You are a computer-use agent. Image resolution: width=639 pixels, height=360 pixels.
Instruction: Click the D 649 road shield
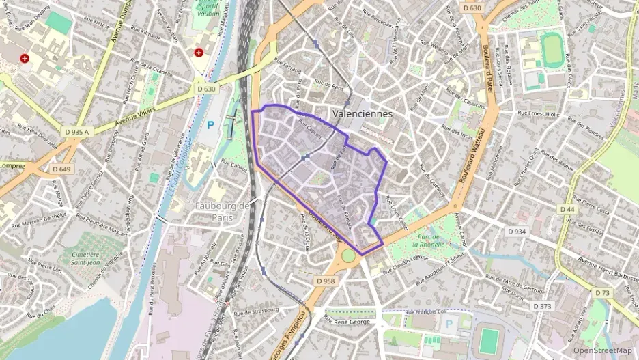coord(61,168)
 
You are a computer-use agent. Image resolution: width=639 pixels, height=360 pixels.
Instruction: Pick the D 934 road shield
coord(517,232)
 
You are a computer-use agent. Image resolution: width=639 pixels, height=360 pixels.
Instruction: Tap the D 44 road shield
coord(567,208)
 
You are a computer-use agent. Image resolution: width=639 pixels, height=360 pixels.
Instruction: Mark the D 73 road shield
coord(602,292)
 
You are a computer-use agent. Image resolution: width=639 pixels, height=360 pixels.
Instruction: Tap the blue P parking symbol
coord(210,126)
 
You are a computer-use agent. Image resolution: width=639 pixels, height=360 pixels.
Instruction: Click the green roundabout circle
coord(349,255)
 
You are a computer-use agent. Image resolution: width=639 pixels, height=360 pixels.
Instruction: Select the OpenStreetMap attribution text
coord(603,350)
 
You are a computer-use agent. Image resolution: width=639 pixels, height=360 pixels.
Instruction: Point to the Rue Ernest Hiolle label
coord(539,113)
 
